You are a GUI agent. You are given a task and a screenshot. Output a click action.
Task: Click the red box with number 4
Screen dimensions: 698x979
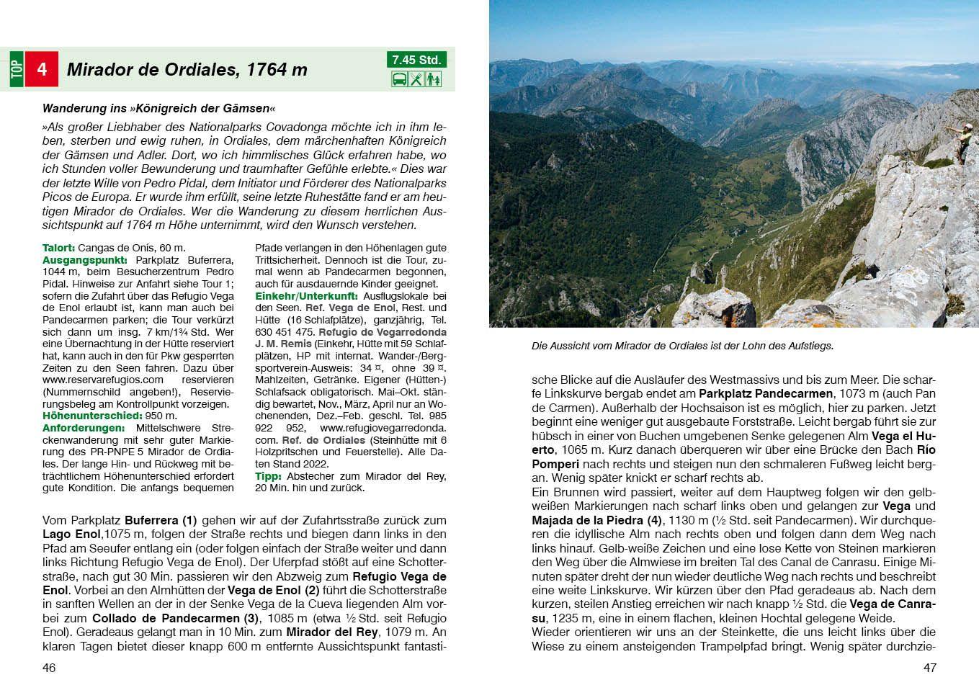click(x=42, y=69)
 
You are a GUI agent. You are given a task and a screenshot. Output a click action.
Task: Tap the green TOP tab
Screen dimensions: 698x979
click(x=17, y=69)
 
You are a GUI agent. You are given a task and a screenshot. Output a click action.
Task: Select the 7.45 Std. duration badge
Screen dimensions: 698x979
click(x=416, y=60)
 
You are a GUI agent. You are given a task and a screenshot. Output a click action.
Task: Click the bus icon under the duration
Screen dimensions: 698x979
click(x=399, y=79)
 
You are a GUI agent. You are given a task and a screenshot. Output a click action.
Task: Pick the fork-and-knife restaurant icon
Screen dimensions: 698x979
click(x=416, y=79)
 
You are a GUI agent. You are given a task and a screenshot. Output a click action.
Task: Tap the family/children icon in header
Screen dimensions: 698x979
click(x=433, y=79)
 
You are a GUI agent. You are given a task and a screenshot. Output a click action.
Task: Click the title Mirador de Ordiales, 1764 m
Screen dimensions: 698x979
click(x=187, y=70)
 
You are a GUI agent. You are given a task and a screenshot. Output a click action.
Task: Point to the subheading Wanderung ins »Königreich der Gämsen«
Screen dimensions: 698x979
click(x=158, y=109)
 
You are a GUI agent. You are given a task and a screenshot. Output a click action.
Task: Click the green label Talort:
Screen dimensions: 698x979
click(x=58, y=248)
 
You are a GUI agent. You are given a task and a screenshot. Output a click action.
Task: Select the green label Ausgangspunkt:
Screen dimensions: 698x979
click(x=85, y=259)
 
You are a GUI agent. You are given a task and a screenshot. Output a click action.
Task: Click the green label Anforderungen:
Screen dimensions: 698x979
click(x=83, y=428)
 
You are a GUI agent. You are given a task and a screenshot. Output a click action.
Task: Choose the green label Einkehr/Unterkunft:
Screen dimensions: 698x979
click(x=307, y=296)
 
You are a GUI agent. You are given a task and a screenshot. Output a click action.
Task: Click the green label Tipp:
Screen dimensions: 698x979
click(x=269, y=476)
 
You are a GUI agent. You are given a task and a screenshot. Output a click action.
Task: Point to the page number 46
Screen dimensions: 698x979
click(x=49, y=668)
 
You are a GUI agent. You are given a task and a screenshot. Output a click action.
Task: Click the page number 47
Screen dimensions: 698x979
click(x=929, y=668)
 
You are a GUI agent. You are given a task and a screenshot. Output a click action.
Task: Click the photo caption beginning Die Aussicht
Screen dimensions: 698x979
click(x=682, y=346)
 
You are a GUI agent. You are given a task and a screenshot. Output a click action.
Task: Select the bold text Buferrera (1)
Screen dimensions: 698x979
click(x=161, y=520)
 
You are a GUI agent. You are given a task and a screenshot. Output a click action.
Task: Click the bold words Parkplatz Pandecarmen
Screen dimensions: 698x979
click(x=765, y=394)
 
